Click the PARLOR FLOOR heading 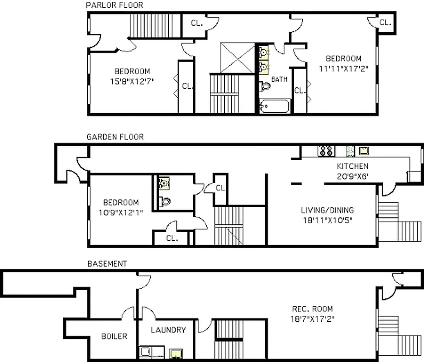pyautogui.click(x=114, y=5)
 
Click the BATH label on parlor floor pyautogui.click(x=279, y=79)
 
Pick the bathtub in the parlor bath pyautogui.click(x=275, y=107)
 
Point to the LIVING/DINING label pyautogui.click(x=327, y=210)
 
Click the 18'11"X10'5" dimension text pyautogui.click(x=327, y=220)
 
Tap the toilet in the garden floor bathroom pyautogui.click(x=165, y=201)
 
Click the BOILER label pyautogui.click(x=114, y=336)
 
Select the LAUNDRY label pyautogui.click(x=168, y=330)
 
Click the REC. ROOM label pyautogui.click(x=312, y=309)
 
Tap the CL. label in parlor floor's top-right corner pyautogui.click(x=385, y=22)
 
